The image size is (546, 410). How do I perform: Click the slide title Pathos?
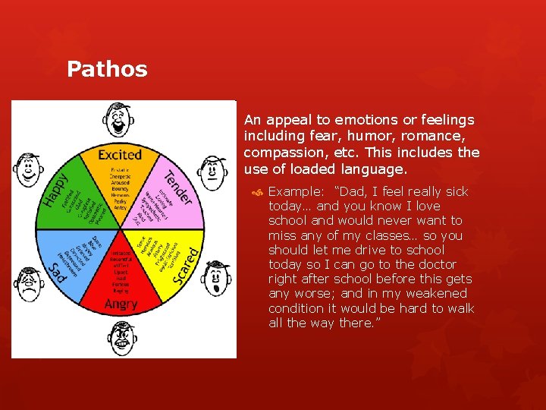point(107,70)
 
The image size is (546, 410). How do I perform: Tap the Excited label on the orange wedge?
point(120,155)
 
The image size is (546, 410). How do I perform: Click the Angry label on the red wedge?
point(121,304)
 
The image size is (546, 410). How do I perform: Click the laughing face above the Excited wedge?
point(121,120)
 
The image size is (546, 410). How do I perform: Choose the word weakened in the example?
point(416,293)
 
